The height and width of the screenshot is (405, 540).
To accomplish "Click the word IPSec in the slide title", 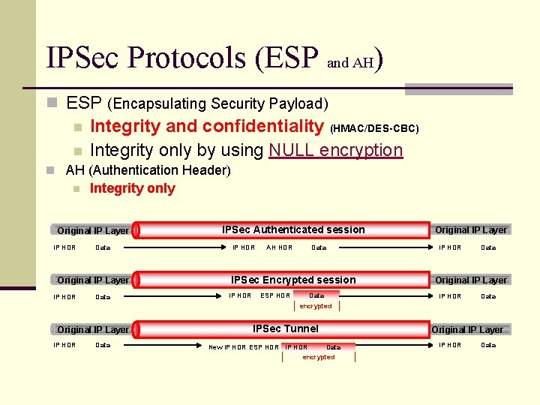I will (83, 58).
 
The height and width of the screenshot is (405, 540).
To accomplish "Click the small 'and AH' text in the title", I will (349, 63).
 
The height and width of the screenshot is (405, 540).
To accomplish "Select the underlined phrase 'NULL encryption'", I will (335, 150).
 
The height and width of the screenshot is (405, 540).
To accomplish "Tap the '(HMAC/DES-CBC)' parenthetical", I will (374, 128).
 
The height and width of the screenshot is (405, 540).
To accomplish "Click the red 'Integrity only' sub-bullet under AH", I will (132, 188).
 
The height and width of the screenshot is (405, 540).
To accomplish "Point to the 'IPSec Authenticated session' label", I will (293, 229).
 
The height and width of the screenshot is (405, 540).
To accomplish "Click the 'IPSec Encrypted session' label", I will (293, 280).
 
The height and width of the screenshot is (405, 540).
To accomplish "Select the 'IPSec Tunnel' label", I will (285, 328).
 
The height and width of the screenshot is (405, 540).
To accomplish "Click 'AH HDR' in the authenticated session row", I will (280, 247).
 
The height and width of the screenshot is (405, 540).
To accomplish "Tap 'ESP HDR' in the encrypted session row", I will (275, 295).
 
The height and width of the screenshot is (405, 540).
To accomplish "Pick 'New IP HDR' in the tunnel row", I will (226, 346).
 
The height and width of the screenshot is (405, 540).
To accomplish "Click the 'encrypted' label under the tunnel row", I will (318, 357).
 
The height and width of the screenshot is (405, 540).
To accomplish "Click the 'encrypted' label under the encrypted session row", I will (315, 306).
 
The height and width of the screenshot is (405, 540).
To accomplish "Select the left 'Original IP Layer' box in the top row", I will (93, 230).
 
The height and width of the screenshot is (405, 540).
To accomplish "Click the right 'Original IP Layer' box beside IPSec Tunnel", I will (468, 329).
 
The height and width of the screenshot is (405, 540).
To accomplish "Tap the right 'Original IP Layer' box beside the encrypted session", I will (471, 280).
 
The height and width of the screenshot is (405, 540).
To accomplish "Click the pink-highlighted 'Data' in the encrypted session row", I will (316, 295).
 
